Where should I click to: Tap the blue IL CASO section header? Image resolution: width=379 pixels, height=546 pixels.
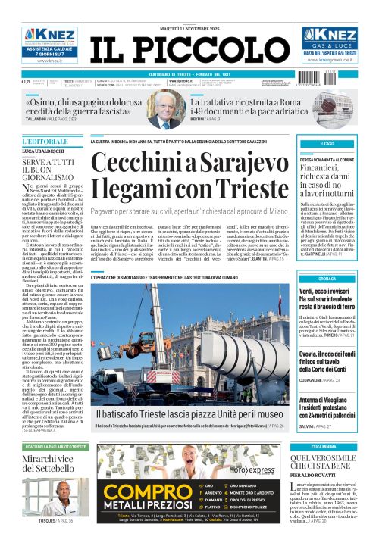coord(328,143)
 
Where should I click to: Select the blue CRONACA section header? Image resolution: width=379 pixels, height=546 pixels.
coord(328,279)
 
